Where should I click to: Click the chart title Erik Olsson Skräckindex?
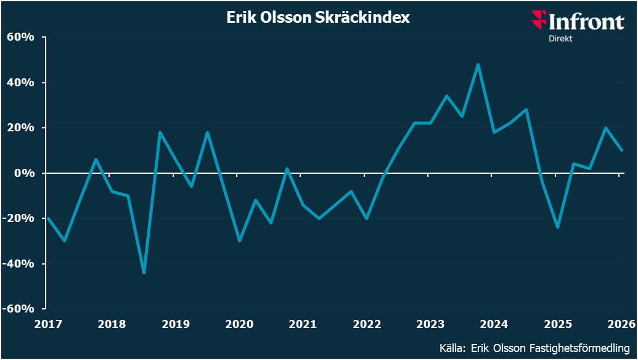click(318, 18)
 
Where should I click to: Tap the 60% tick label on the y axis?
click(20, 37)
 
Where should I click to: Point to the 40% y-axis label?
click(20, 83)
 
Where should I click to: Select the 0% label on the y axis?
click(25, 173)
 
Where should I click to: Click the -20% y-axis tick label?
click(18, 218)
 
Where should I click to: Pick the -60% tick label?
click(18, 308)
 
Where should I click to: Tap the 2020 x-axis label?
click(239, 324)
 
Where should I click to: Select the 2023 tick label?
click(430, 324)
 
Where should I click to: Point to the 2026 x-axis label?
click(621, 324)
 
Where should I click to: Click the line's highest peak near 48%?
click(478, 64)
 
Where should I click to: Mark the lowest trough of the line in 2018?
click(144, 272)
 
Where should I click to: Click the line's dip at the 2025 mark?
click(557, 227)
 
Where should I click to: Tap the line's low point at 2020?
click(239, 241)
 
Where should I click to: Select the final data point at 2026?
click(622, 150)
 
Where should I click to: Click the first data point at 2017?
click(48, 218)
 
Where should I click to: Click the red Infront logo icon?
click(539, 20)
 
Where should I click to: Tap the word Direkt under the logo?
click(561, 38)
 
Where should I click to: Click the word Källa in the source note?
click(452, 348)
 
